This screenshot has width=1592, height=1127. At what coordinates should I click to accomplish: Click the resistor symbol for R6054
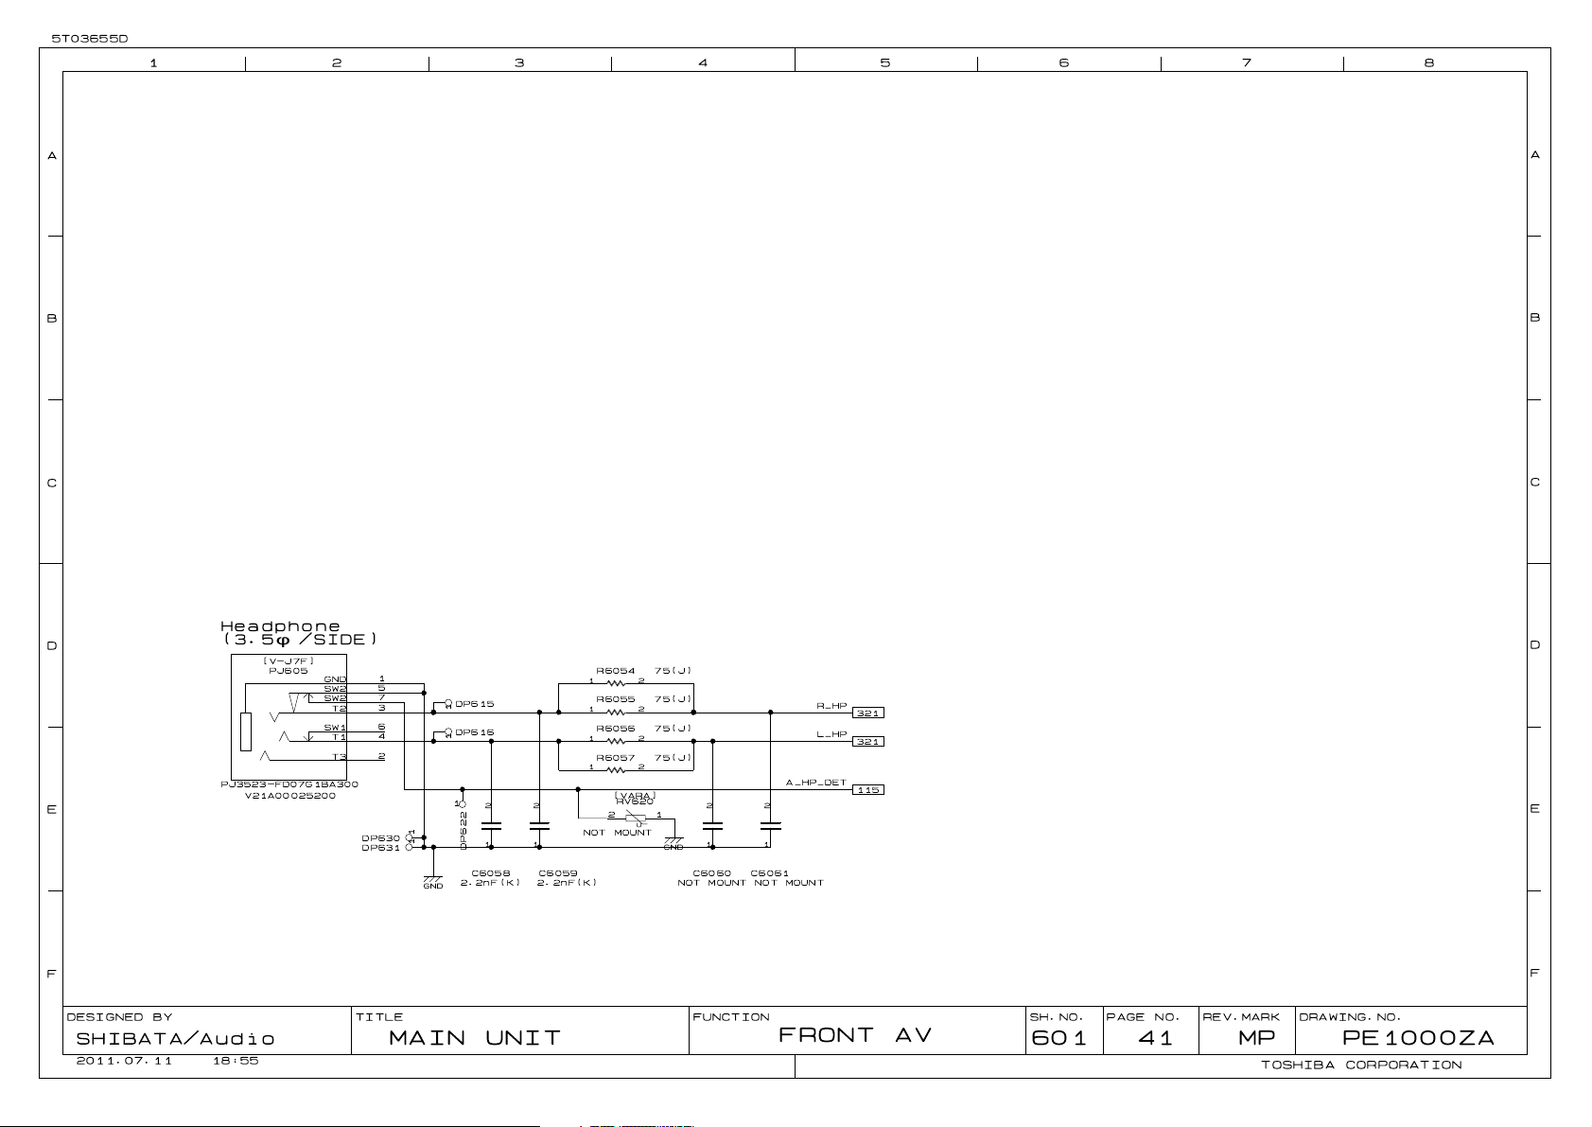point(616,682)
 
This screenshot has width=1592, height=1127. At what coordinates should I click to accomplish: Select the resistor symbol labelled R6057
point(616,769)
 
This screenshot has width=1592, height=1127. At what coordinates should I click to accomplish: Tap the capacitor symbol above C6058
point(491,825)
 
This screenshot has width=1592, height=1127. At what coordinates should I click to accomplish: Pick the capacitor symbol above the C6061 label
point(770,825)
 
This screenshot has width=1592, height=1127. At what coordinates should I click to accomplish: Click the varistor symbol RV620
point(636,818)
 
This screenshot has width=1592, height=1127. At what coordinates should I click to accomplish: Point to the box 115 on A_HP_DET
point(867,789)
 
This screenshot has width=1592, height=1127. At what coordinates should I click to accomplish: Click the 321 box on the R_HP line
point(867,713)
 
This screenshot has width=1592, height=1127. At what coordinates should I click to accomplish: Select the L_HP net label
point(831,734)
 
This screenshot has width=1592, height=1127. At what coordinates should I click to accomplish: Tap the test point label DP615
point(474,704)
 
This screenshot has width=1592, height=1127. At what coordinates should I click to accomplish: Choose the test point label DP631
point(380,848)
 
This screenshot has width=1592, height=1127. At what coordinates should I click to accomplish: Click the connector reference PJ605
point(288,671)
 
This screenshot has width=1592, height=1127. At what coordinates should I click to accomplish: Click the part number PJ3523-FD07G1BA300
point(289,784)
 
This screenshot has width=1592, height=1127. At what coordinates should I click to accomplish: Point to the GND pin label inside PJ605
point(335,679)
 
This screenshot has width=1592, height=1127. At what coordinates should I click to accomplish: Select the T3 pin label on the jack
point(339,757)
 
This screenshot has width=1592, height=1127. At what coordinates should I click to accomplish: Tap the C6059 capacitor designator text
point(557,873)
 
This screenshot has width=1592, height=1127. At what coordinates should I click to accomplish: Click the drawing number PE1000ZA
point(1417,1038)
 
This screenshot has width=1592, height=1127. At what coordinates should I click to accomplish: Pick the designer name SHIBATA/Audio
point(175,1039)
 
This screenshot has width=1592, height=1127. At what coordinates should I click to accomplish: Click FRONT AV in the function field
point(854,1036)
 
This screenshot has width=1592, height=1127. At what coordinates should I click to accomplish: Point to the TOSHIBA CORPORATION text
point(1360,1065)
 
